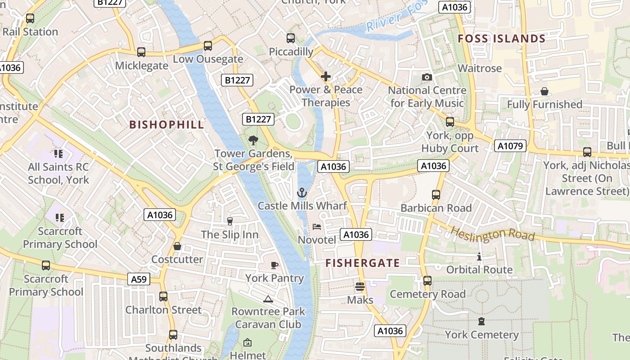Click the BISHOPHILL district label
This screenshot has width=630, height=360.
click(166, 125)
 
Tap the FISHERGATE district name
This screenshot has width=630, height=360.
click(362, 263)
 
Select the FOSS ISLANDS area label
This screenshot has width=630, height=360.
click(501, 39)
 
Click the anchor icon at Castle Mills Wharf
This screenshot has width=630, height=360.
click(302, 193)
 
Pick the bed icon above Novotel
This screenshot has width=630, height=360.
click(317, 227)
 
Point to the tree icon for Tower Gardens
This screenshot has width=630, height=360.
click(253, 140)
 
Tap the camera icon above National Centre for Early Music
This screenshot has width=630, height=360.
click(427, 77)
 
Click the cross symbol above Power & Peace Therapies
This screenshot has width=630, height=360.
click(326, 76)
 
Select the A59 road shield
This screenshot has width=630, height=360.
click(139, 279)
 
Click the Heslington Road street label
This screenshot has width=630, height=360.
click(493, 234)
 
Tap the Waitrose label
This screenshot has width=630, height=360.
click(479, 68)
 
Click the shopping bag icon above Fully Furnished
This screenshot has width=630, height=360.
click(544, 92)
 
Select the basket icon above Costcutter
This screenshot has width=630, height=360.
click(177, 247)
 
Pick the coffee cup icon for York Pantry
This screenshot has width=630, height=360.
click(274, 265)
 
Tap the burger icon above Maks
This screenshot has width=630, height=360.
click(360, 286)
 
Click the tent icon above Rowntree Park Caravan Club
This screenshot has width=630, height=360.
click(268, 299)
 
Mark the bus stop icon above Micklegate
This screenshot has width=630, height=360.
click(141, 52)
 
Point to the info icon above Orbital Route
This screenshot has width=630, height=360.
click(479, 257)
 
